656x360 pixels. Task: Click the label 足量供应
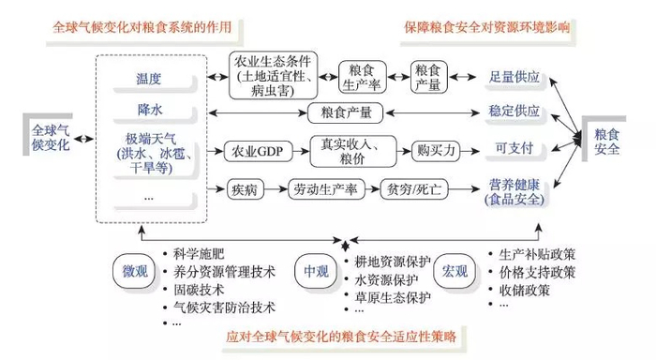tap(514, 76)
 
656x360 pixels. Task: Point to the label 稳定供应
tap(514, 111)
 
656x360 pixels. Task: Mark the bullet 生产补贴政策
tap(540, 253)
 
